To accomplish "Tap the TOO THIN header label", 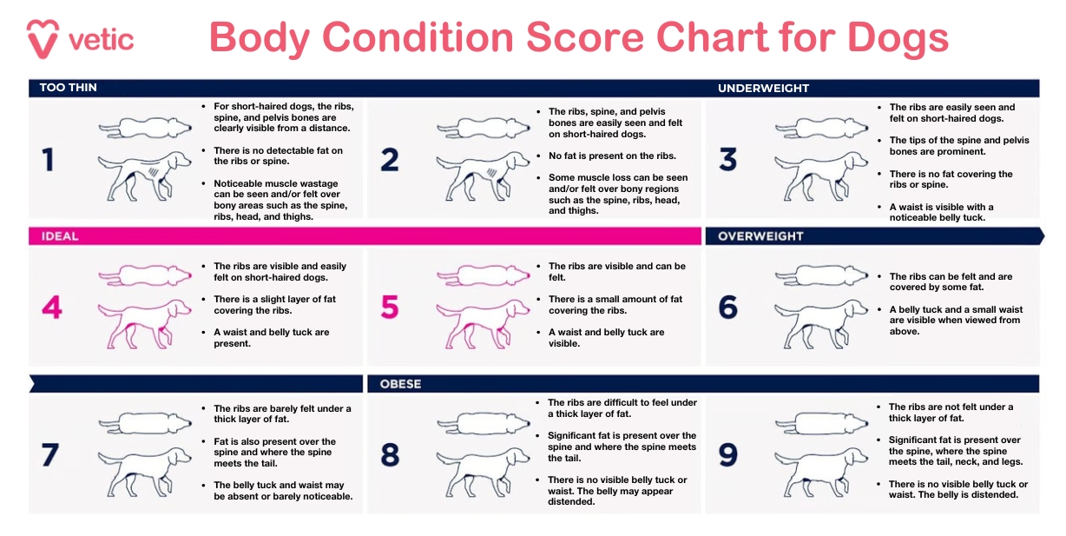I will pyautogui.click(x=68, y=88).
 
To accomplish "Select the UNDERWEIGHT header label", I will pyautogui.click(x=763, y=88).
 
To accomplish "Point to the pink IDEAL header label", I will pyautogui.click(x=59, y=235).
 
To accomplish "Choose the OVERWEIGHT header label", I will pyautogui.click(x=760, y=235).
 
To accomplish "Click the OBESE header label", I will pyautogui.click(x=400, y=384).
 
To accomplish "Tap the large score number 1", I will pyautogui.click(x=48, y=160).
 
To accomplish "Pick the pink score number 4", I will pyautogui.click(x=51, y=308).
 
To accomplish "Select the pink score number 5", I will pyautogui.click(x=390, y=308).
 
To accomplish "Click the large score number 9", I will pyautogui.click(x=728, y=455).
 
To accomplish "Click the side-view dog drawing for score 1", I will pyautogui.click(x=144, y=175).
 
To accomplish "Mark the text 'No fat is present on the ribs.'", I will pyautogui.click(x=611, y=156).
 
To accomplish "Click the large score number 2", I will pyautogui.click(x=390, y=160).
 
